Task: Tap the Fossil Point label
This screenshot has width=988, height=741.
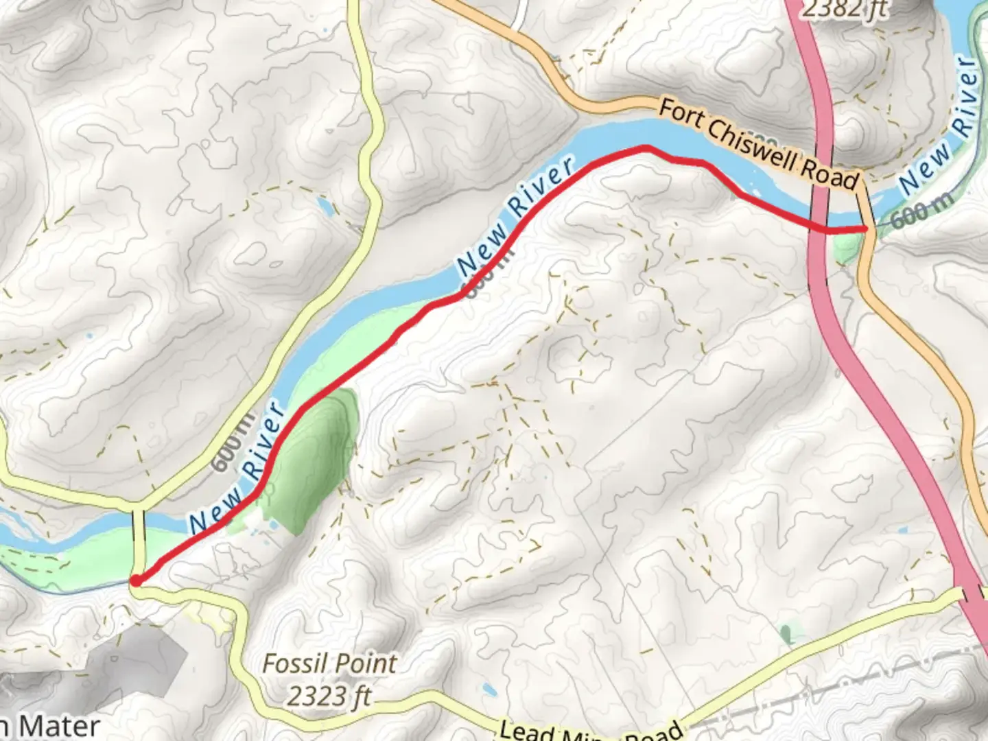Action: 329,663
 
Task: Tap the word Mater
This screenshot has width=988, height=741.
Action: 58,726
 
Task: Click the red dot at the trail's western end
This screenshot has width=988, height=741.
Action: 136,581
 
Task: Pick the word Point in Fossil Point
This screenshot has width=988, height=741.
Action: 364,663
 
